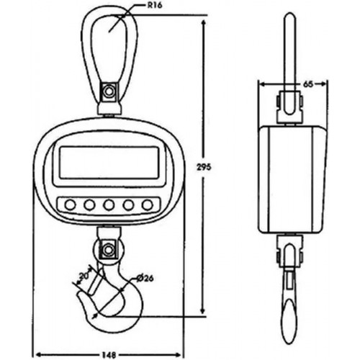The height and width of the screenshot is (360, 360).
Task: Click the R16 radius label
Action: click(154, 6)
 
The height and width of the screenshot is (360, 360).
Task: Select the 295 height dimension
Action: click(204, 167)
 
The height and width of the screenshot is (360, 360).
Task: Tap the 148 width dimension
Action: click(109, 355)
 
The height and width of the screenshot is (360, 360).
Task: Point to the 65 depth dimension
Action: click(308, 84)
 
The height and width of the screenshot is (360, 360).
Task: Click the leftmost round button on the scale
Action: click(70, 204)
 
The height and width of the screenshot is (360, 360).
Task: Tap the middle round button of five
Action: click(109, 204)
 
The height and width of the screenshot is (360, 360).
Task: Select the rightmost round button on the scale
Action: click(148, 204)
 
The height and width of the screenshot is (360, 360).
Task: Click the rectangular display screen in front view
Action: click(109, 163)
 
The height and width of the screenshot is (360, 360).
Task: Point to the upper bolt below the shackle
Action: click(109, 91)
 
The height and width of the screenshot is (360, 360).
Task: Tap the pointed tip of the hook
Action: click(79, 293)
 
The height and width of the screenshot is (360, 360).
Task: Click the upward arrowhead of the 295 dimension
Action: click(204, 24)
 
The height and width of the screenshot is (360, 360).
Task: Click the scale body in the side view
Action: click(292, 179)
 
